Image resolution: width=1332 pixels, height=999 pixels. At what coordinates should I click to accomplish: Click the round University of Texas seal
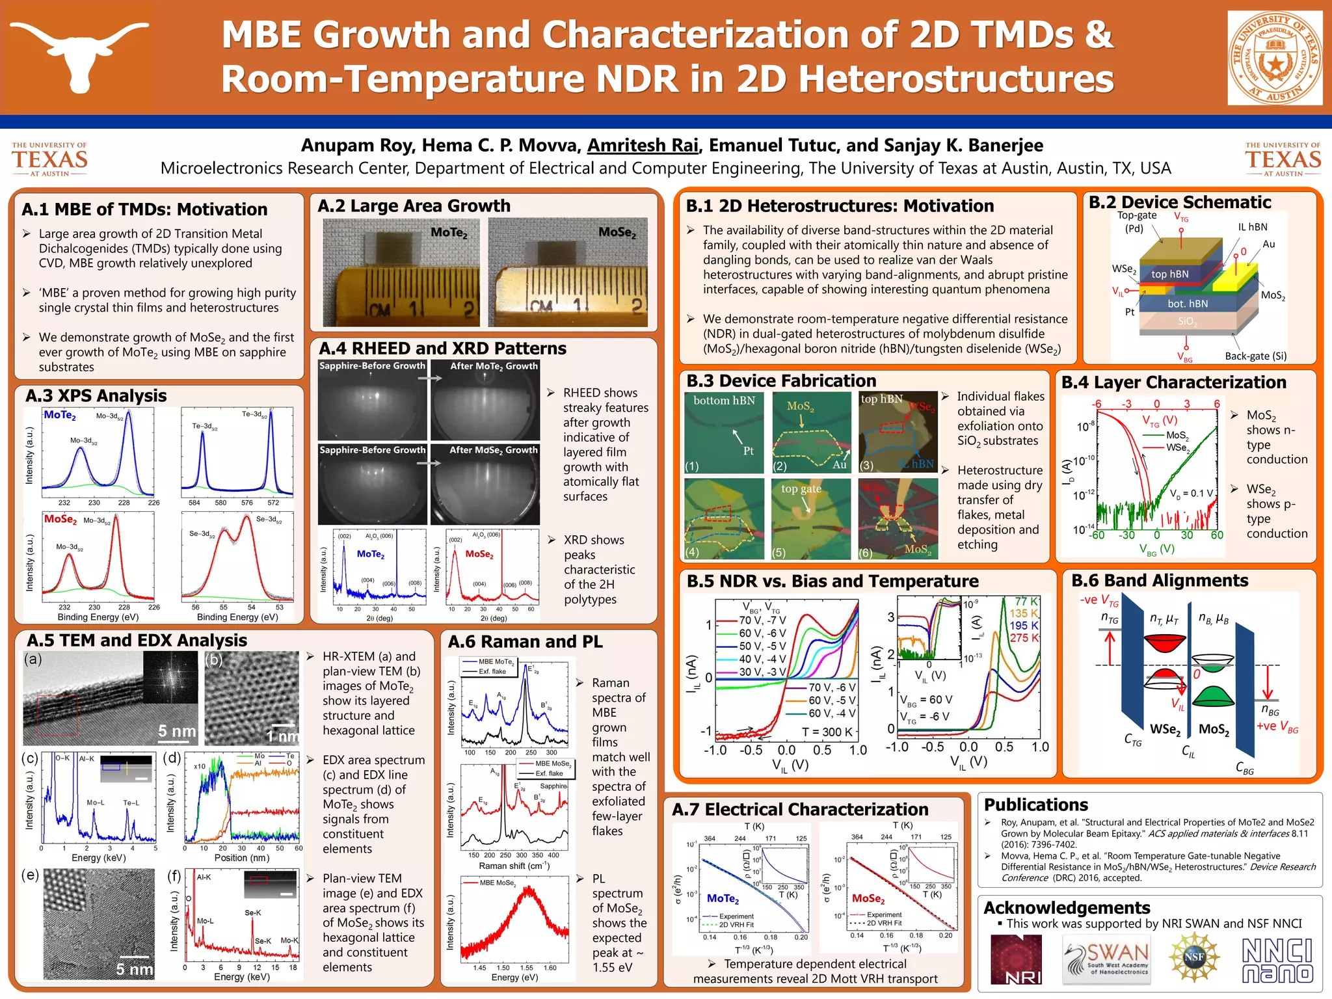1275,58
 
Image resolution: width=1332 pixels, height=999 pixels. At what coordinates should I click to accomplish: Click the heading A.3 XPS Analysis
96,395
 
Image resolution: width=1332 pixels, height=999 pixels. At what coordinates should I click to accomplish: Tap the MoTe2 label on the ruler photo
449,232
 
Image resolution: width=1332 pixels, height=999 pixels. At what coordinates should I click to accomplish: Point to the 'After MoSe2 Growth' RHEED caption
494,450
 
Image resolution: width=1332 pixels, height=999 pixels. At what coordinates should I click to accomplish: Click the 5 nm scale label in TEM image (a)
176,731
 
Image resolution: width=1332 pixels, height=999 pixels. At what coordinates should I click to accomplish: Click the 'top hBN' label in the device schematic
1169,274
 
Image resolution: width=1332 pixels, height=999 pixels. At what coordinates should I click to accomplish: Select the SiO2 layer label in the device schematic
1186,321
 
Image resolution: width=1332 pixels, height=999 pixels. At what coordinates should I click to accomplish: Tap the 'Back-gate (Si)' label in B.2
1255,356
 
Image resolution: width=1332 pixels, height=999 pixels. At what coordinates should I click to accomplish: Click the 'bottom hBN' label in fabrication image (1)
724,401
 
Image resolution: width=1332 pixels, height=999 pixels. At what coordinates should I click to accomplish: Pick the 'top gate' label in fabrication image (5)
801,488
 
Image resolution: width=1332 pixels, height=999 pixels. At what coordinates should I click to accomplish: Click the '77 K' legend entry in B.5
1026,602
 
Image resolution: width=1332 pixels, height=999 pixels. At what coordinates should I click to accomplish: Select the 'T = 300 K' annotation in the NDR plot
827,732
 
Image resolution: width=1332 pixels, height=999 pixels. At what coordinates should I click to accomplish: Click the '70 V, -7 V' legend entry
762,620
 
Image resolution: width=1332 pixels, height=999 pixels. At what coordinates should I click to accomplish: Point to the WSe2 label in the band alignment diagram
1164,729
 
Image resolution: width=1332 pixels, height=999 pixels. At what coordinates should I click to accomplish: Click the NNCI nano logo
1277,960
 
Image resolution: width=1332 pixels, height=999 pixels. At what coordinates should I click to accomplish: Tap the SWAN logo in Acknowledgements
1106,960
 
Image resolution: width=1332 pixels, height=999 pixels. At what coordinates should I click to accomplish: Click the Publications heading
1035,805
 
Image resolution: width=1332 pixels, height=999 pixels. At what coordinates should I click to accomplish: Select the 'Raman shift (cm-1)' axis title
514,866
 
